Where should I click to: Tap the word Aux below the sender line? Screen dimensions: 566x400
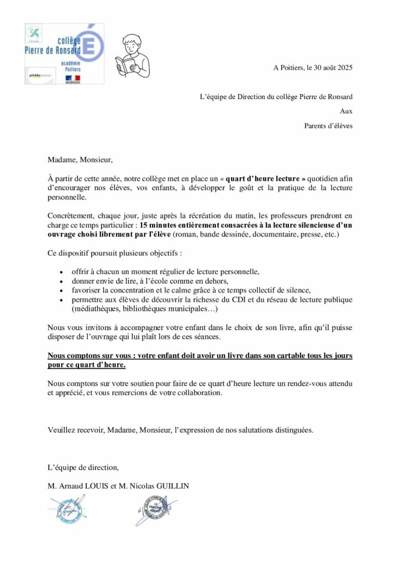(x=346, y=111)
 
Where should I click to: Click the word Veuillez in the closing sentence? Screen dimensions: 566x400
(x=61, y=430)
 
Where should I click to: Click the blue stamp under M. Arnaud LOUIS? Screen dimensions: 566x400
(x=66, y=510)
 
